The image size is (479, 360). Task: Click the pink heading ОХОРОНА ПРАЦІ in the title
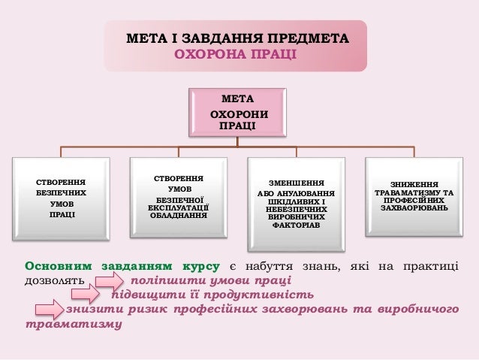coord(235,55)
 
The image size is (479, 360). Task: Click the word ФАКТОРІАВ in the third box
coord(296,225)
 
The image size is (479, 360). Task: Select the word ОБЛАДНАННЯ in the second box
coord(179,215)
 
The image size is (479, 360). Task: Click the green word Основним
coord(57,266)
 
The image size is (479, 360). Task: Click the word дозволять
coord(50,280)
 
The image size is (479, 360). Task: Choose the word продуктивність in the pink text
coord(256,294)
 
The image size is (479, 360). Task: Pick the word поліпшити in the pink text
coord(160,280)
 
